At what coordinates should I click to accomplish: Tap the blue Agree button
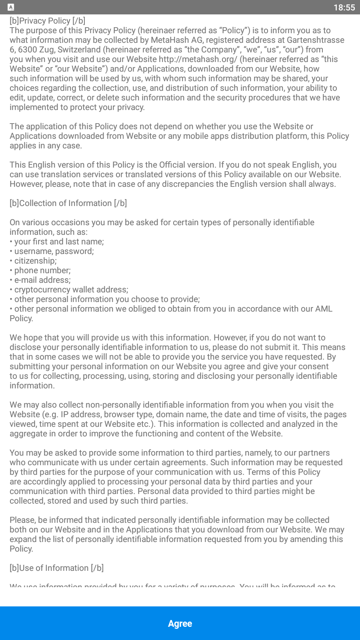click(x=180, y=623)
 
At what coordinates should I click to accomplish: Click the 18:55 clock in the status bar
click(x=344, y=8)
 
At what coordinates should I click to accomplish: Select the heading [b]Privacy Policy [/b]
click(x=48, y=21)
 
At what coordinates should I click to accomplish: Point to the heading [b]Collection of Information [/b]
click(x=68, y=203)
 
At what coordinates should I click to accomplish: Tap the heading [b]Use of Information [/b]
click(x=57, y=568)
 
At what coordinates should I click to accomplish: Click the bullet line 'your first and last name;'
click(x=59, y=242)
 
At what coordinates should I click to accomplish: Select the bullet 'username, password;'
click(x=54, y=251)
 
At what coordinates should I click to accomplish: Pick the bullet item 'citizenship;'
click(x=35, y=261)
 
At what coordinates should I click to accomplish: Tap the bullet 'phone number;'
click(x=42, y=270)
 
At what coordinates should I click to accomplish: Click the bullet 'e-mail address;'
click(x=42, y=280)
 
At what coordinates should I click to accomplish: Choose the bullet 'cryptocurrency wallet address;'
click(x=71, y=290)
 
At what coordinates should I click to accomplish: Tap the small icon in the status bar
click(x=11, y=7)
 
